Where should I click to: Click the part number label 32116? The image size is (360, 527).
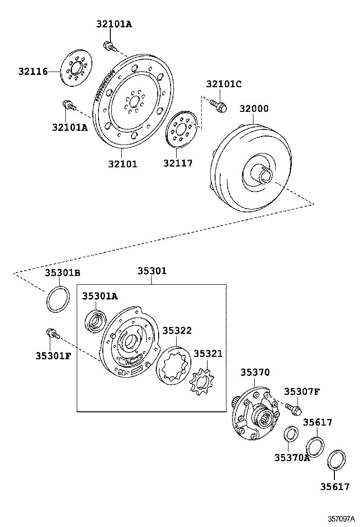[x=33, y=72]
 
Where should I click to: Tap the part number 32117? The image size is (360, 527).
[x=178, y=164]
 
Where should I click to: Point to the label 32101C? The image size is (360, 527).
[x=224, y=84]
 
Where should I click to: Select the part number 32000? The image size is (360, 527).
[x=253, y=109]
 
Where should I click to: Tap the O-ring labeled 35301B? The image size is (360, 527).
[x=58, y=299]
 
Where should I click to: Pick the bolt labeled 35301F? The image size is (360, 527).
[x=51, y=334]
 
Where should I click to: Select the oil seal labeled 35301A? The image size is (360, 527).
[x=96, y=320]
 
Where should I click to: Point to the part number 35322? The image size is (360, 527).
[x=177, y=330]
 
